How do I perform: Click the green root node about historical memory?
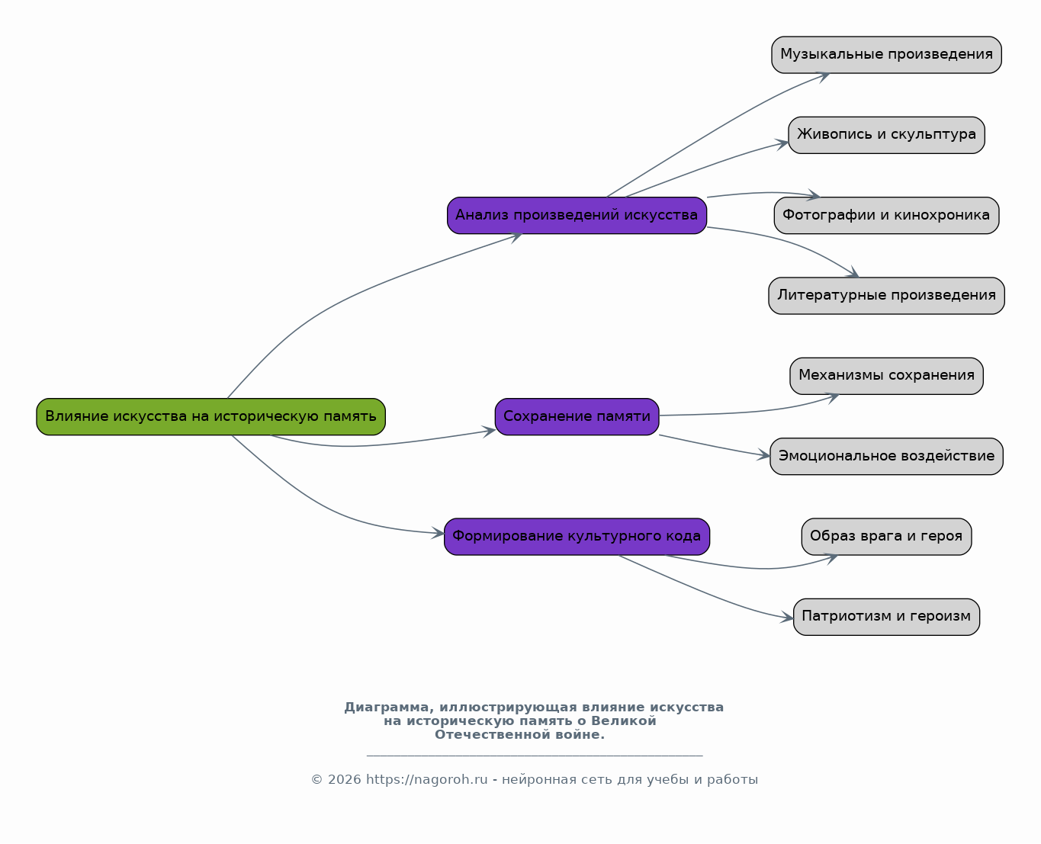coord(210,416)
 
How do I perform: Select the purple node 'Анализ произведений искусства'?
coord(577,216)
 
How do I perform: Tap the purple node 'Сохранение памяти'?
coord(577,416)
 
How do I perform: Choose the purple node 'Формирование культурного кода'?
coord(577,536)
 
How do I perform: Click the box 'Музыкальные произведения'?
coord(886,55)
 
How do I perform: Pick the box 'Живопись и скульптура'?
coord(886,135)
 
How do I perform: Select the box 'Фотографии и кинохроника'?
coord(886,216)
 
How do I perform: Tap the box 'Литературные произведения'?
coord(886,296)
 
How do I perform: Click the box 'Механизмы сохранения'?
coord(886,376)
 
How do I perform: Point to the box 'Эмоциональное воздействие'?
coord(886,456)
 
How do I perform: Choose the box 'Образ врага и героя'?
coord(886,536)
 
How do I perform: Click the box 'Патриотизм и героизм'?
coord(886,617)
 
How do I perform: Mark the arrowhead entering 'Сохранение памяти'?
coord(489,431)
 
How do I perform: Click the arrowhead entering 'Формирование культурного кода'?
coord(438,533)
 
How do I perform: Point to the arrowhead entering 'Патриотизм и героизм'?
coord(787,618)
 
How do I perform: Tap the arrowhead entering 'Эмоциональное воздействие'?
coord(764,455)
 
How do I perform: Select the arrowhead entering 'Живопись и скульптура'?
coord(782,144)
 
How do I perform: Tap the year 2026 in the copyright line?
coord(344,779)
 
